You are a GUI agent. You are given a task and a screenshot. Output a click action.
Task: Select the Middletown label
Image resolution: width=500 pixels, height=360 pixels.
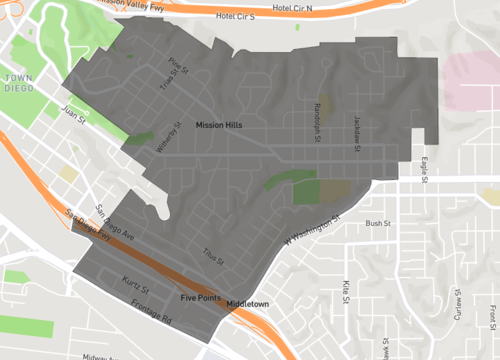pos(249,302)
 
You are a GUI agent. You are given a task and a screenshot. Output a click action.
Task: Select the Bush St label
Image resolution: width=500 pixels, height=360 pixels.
pos(376,223)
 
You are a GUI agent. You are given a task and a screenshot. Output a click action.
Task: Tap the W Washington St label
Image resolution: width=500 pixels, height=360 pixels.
pos(313,231)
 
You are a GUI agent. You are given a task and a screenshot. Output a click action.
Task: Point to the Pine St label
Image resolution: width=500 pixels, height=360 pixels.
pos(178,68)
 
